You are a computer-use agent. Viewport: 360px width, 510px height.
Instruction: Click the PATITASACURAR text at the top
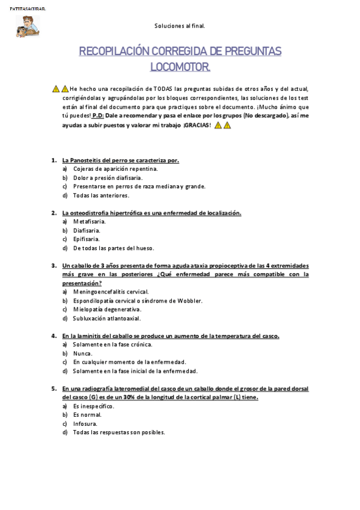pos(28,10)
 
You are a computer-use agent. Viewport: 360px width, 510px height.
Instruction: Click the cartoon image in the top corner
pos(28,26)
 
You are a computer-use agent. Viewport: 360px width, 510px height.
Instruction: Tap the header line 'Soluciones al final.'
pos(180,26)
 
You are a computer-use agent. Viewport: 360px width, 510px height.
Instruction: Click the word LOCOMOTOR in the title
pos(180,66)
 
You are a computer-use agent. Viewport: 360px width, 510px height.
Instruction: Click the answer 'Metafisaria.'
pos(90,221)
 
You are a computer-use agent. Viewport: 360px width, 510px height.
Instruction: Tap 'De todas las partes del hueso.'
pos(114,248)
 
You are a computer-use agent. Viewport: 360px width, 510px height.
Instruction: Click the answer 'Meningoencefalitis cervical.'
pos(111,292)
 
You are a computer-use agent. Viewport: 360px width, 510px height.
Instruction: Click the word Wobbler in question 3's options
pos(191,301)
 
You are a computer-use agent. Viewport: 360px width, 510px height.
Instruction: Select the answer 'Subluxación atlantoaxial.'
pos(107,318)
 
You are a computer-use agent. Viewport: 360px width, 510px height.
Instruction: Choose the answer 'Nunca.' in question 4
pos(83,354)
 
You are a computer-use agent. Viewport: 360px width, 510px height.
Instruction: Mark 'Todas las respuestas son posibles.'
pos(118,432)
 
